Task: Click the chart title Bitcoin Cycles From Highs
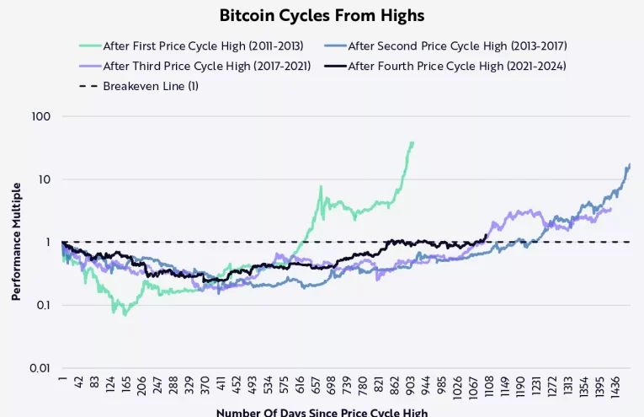(322, 15)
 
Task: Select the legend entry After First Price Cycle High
(202, 45)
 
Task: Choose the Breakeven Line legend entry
(151, 86)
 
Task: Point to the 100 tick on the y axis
(41, 116)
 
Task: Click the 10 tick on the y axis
(45, 179)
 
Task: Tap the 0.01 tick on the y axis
(40, 368)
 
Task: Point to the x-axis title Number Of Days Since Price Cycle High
(322, 412)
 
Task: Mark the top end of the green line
(413, 142)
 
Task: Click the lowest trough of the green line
(125, 315)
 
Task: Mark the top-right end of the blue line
(630, 164)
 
